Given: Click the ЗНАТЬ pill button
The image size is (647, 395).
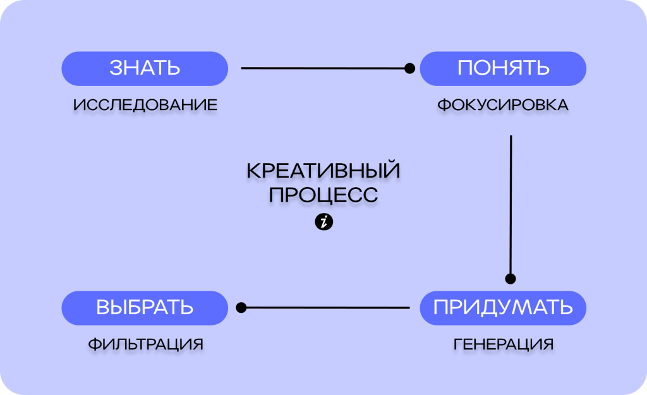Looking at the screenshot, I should point(145,68).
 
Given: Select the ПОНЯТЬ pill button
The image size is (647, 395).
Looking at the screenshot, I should point(503,68).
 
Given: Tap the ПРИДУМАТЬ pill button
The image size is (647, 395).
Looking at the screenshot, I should point(503,308).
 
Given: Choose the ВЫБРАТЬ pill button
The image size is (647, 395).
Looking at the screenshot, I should point(145,308).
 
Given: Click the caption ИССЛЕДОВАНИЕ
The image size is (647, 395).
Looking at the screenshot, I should point(145,105).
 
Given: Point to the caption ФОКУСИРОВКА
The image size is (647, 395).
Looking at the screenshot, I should point(503,105).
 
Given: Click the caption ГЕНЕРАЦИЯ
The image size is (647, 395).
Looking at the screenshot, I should point(504,344).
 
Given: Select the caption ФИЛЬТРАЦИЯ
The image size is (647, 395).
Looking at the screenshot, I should point(145,344).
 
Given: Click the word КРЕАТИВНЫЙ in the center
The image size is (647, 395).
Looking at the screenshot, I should point(323,171).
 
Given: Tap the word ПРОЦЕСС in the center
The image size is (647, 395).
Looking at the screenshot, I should point(323,195).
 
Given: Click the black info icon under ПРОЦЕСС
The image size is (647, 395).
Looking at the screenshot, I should point(323,222).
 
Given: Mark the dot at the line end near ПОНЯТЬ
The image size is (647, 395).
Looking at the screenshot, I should point(409,68).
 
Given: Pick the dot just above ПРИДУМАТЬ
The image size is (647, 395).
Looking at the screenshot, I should point(511,279).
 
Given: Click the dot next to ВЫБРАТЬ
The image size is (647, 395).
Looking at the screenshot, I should point(241,308).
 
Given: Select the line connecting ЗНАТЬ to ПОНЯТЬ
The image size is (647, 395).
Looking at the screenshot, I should point(322,68).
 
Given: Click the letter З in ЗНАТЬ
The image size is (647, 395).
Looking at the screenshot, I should point(116,68).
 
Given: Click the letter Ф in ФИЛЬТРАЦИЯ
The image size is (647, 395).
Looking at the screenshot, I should point(94,344).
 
